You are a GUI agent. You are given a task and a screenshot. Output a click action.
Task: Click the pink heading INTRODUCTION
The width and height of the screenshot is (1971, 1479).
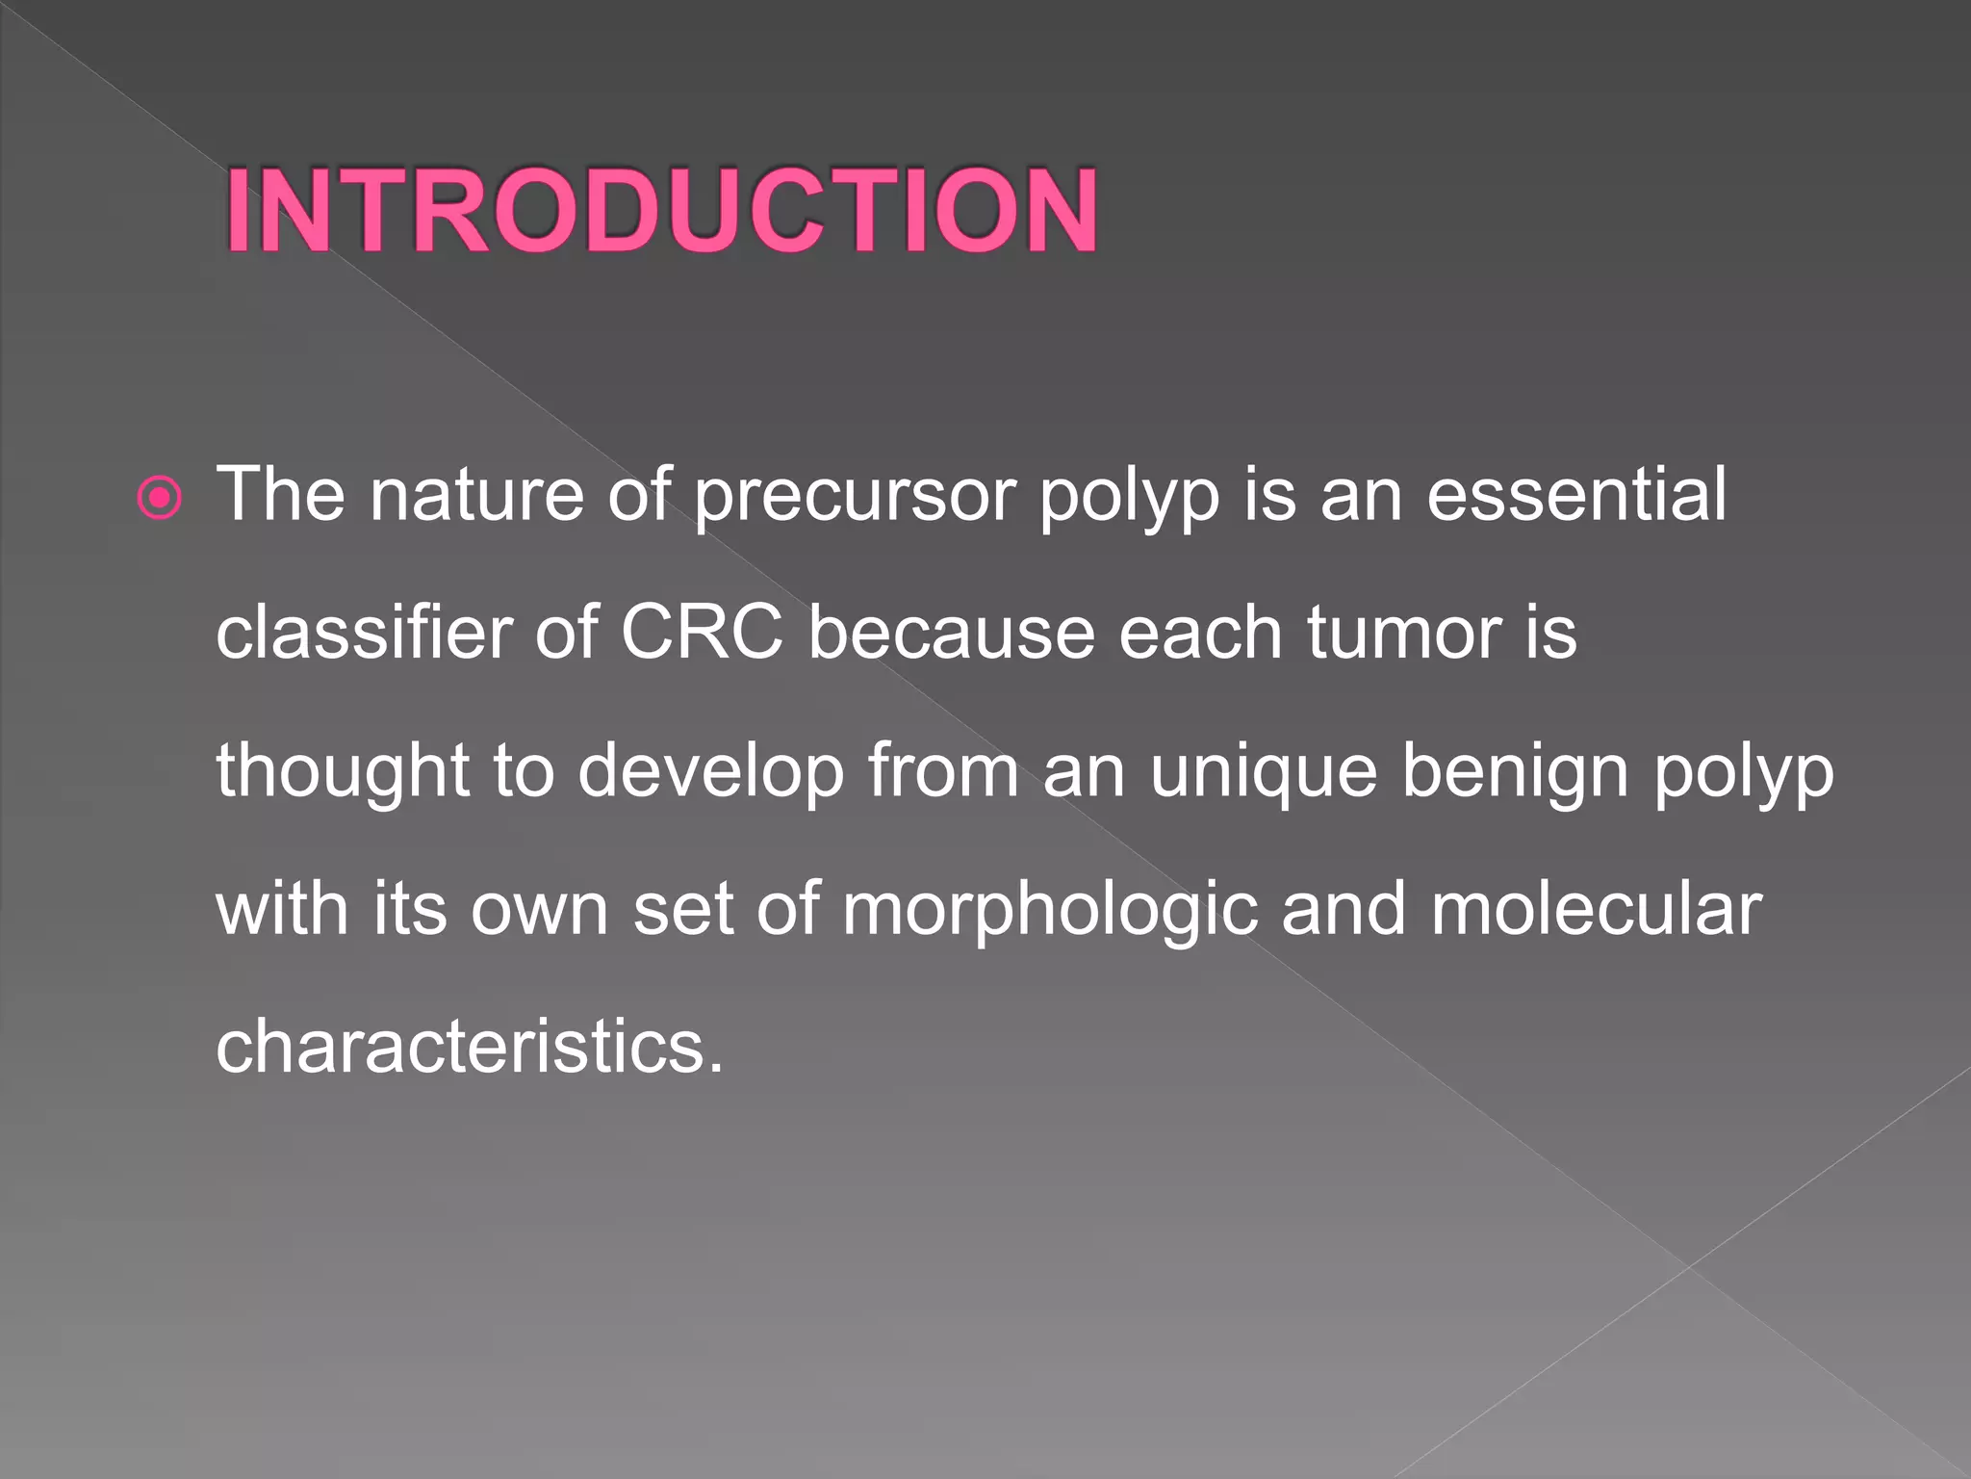(662, 210)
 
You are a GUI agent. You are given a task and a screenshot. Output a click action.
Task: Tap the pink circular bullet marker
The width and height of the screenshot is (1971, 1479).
(160, 498)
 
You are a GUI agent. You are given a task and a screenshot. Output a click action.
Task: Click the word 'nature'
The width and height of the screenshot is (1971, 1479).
(477, 494)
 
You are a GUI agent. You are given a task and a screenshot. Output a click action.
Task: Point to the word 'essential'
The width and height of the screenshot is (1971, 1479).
(1576, 494)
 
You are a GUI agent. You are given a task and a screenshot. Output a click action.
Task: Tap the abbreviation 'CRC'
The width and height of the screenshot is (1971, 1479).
(702, 633)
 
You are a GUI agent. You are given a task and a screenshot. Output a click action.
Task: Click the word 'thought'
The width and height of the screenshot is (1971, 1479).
(343, 772)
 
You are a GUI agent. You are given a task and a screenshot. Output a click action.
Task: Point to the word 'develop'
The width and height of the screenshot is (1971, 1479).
(711, 772)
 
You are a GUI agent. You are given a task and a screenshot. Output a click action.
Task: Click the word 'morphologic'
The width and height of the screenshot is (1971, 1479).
(1050, 910)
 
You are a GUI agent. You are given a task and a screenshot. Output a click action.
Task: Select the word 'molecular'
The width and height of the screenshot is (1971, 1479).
(1596, 908)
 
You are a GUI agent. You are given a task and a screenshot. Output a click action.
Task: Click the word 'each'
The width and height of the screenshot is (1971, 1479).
(1201, 633)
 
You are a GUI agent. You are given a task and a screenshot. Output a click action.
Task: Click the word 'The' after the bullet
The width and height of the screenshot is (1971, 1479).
(280, 494)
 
